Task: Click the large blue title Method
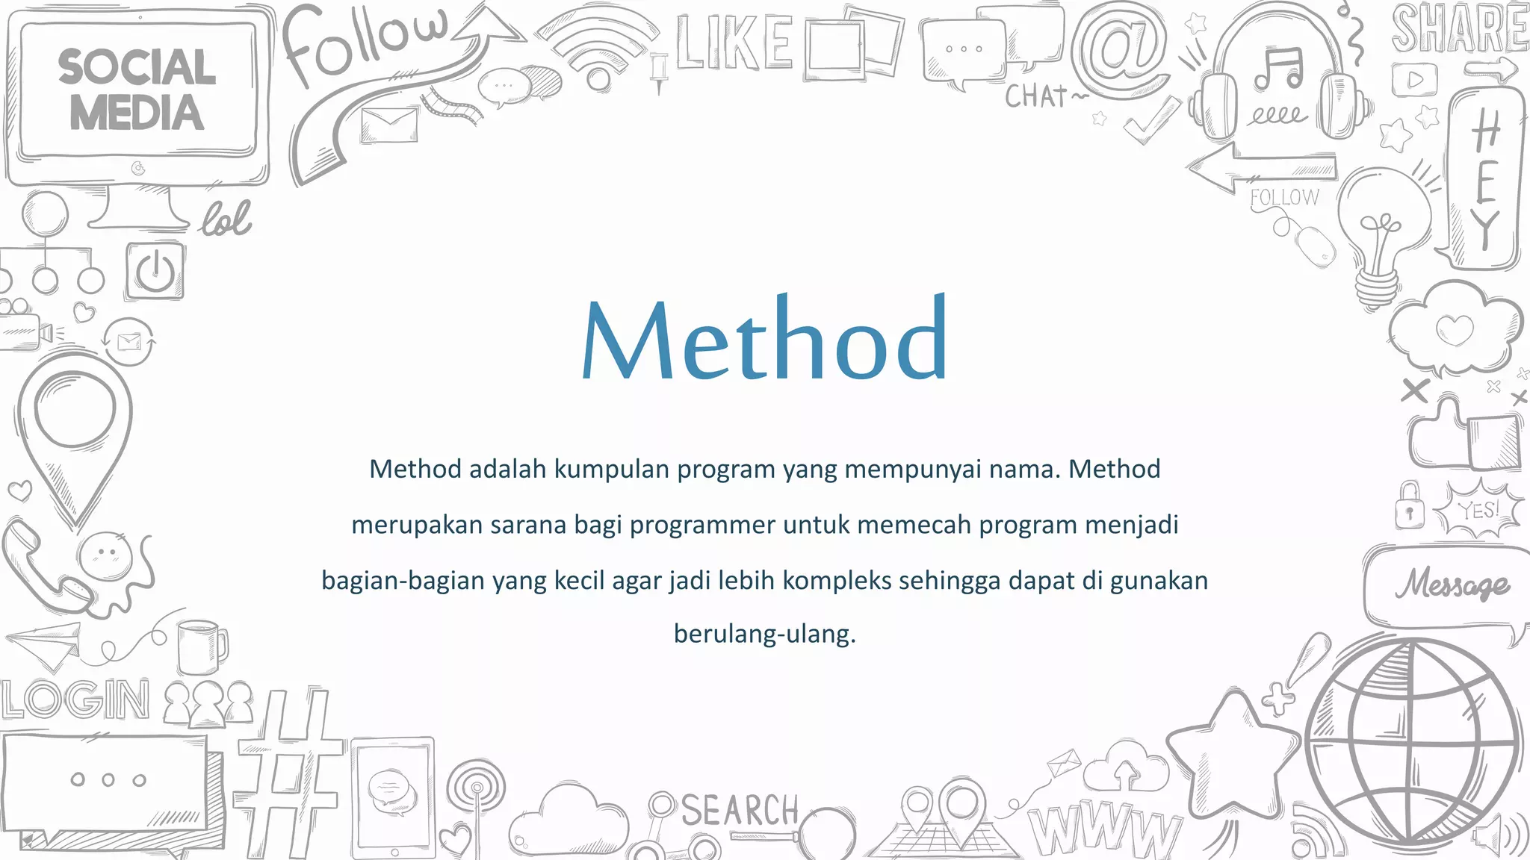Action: [x=764, y=340]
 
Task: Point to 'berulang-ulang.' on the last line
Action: [x=764, y=634]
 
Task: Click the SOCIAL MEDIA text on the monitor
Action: [x=137, y=90]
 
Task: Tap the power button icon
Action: [x=155, y=271]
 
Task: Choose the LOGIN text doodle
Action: [x=75, y=700]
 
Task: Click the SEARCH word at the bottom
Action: [x=740, y=810]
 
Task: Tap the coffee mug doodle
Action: [x=200, y=647]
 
